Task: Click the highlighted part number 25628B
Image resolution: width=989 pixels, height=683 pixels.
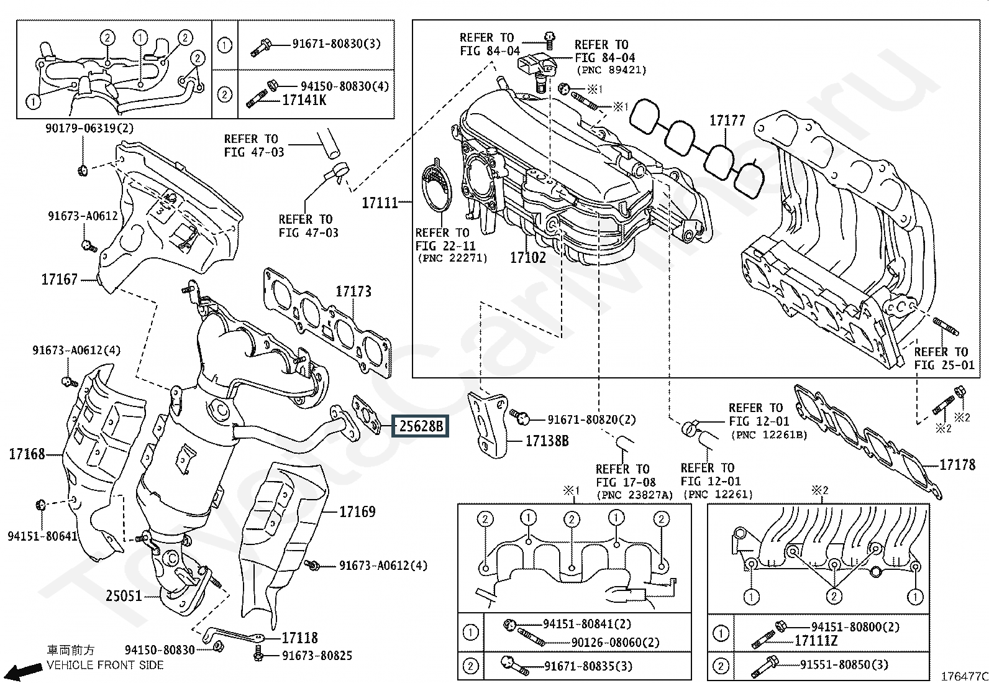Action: (421, 426)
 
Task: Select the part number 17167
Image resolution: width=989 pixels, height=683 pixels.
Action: (59, 279)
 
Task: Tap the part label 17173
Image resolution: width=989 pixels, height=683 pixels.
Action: (353, 291)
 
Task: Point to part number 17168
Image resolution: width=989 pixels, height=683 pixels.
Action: (27, 454)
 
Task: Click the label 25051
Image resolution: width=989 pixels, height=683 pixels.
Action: (124, 596)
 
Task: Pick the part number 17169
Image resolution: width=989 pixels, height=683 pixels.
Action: (357, 511)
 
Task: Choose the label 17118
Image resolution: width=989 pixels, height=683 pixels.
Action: (299, 638)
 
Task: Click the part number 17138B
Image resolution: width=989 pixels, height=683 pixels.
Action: (547, 441)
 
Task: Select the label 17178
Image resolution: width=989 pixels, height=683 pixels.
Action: (957, 464)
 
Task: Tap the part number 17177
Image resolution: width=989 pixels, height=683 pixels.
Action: (727, 120)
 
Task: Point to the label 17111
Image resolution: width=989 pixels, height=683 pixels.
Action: (380, 203)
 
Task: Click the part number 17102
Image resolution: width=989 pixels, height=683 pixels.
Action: (528, 257)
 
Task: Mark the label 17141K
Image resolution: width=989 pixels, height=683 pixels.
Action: (304, 100)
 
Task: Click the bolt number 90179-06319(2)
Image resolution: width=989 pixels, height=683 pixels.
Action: (89, 128)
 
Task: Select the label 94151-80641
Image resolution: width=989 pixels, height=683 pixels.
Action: (42, 536)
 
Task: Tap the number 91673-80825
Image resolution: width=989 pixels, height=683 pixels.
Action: (317, 656)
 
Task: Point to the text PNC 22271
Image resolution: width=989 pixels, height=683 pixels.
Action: (452, 258)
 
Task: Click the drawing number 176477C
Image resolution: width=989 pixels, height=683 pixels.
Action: (964, 676)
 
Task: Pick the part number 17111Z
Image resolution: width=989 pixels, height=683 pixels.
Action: (816, 641)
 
